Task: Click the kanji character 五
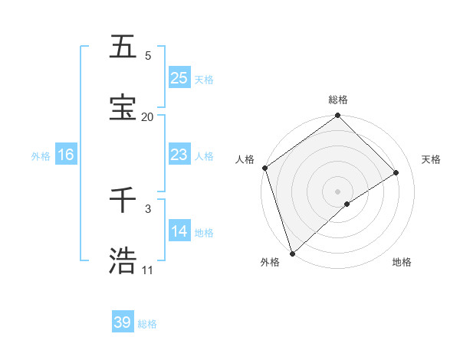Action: [123, 47]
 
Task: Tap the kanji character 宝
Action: [123, 108]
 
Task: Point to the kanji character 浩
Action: [123, 261]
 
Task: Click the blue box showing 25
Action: [179, 77]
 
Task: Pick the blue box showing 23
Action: [179, 155]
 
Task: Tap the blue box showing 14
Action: [179, 231]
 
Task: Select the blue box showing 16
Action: [65, 155]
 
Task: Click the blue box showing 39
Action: [123, 322]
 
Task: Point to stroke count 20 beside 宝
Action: [147, 116]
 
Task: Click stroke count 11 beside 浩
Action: [147, 270]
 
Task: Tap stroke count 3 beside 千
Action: [147, 208]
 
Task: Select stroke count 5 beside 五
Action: [147, 56]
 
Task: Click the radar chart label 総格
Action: [338, 100]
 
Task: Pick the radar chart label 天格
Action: [431, 159]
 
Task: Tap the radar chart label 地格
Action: [402, 262]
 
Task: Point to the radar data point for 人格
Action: [264, 168]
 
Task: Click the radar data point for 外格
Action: [292, 253]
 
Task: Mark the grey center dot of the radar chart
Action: [337, 191]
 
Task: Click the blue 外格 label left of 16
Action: [41, 155]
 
